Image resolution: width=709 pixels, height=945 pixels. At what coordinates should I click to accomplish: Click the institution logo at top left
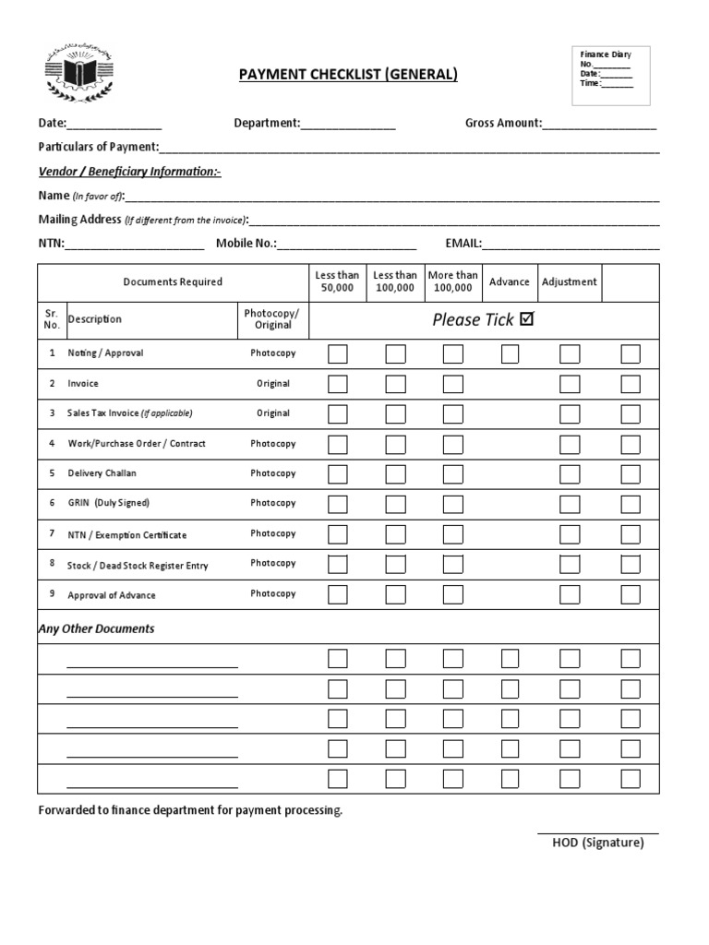click(78, 74)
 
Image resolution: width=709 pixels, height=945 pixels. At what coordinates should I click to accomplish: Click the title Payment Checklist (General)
click(348, 74)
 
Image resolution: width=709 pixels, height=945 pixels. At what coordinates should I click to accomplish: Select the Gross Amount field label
click(503, 123)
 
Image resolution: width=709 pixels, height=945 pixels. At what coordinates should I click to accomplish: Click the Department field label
click(267, 123)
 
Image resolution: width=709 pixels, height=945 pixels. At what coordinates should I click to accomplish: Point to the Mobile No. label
click(246, 244)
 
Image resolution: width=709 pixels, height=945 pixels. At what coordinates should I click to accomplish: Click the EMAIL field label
click(463, 244)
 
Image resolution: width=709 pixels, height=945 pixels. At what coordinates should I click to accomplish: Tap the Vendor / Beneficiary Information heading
click(129, 172)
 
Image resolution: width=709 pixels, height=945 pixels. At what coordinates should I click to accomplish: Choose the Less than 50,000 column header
click(337, 281)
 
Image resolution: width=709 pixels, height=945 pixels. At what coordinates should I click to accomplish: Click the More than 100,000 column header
click(452, 281)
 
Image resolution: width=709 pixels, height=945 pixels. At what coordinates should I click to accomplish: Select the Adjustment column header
click(569, 281)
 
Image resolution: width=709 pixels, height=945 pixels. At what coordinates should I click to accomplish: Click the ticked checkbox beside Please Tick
click(527, 319)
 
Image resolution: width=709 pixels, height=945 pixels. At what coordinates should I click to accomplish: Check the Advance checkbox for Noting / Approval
click(510, 353)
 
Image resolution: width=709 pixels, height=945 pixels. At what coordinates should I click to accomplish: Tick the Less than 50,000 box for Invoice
click(338, 384)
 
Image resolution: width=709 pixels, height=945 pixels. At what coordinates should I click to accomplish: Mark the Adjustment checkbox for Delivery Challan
click(570, 473)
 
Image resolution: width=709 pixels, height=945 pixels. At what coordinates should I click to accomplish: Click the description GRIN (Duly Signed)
click(108, 503)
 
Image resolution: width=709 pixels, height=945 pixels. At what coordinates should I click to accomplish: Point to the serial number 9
click(52, 594)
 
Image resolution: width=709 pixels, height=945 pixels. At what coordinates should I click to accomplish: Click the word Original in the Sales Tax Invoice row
click(273, 413)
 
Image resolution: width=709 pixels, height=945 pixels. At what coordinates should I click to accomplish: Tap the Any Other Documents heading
click(96, 628)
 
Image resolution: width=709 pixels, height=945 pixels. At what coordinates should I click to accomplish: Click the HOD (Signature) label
click(597, 843)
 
